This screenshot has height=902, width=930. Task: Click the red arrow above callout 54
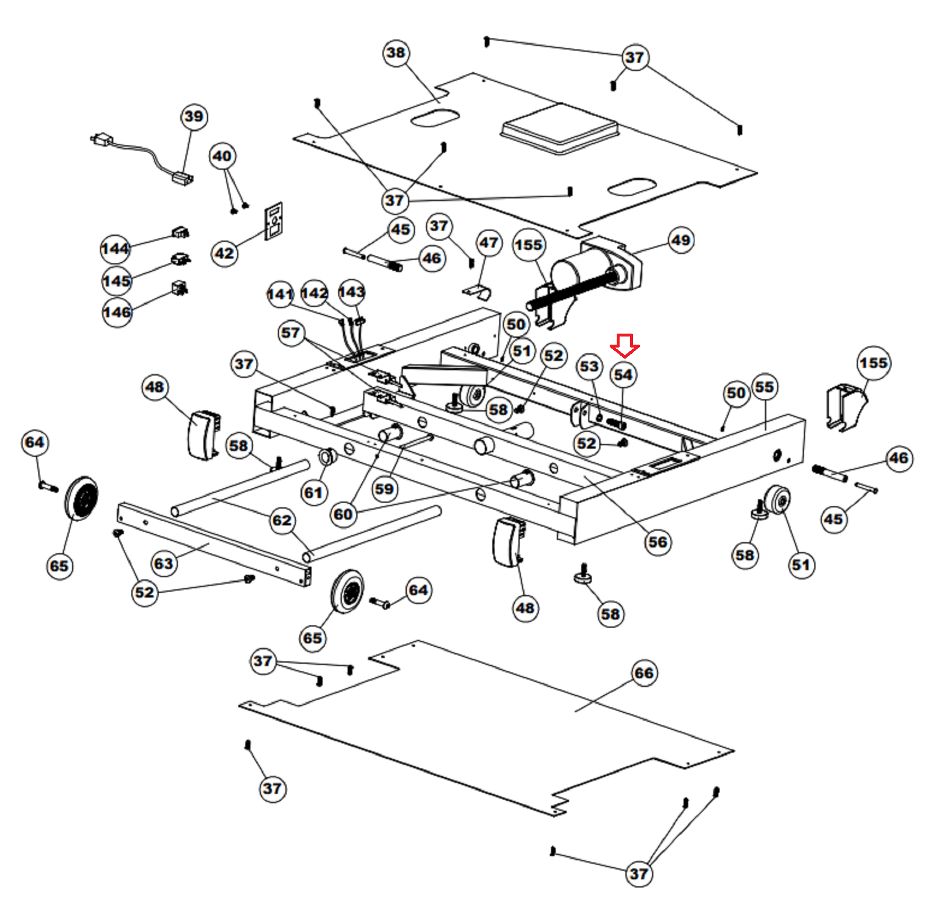click(x=624, y=346)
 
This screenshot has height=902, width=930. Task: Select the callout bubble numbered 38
click(x=396, y=53)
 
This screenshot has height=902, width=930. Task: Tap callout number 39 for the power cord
click(x=194, y=116)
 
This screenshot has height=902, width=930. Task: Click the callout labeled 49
click(x=681, y=240)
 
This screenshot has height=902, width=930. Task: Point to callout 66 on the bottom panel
click(x=643, y=673)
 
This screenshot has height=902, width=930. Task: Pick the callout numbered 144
click(x=115, y=249)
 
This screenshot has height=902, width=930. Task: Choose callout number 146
click(x=117, y=312)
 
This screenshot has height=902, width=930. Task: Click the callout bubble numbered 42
click(x=224, y=253)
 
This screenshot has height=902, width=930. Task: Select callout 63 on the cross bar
click(x=163, y=563)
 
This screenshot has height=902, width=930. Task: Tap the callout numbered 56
click(x=657, y=542)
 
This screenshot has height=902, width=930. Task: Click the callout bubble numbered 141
click(x=280, y=294)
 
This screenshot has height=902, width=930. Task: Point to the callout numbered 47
click(x=489, y=243)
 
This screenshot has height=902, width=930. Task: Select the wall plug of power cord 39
click(x=102, y=139)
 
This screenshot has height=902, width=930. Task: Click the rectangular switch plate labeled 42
click(x=274, y=220)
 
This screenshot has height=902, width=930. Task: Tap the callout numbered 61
click(x=313, y=493)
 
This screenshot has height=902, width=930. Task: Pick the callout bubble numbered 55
click(x=764, y=387)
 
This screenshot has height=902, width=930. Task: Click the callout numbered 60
click(x=343, y=514)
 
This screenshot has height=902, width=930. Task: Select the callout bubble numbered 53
click(x=589, y=366)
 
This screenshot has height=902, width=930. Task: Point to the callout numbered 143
click(x=351, y=292)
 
